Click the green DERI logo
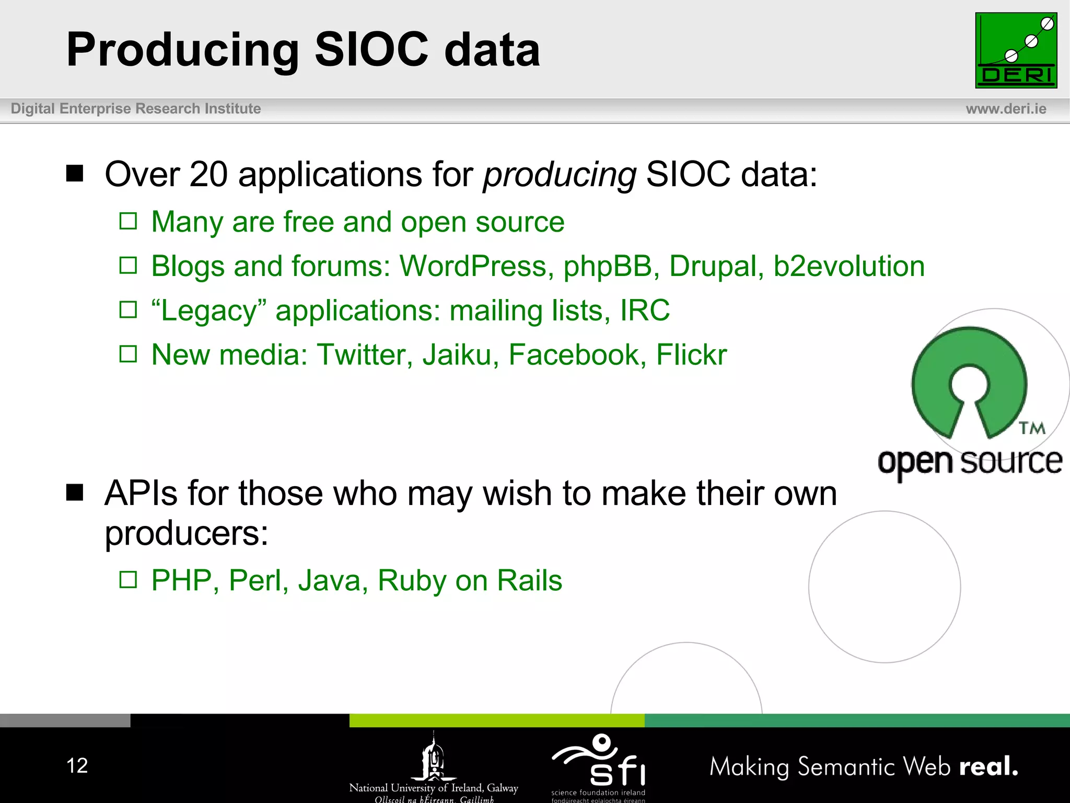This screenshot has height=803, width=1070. [x=1016, y=50]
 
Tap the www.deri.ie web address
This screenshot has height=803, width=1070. [x=1006, y=109]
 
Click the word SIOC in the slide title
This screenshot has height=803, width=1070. [x=371, y=49]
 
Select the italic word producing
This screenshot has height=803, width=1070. [x=559, y=175]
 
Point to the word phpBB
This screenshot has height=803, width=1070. [x=607, y=266]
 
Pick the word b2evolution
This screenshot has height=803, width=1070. [x=848, y=266]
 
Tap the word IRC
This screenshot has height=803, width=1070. [x=644, y=311]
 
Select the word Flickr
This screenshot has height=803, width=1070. [x=691, y=355]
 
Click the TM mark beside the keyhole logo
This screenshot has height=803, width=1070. [x=1032, y=428]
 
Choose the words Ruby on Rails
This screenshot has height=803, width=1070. [x=469, y=581]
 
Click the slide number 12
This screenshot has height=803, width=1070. [x=77, y=766]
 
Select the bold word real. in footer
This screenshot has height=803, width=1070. [x=988, y=766]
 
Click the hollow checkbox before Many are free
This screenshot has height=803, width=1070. [x=128, y=221]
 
